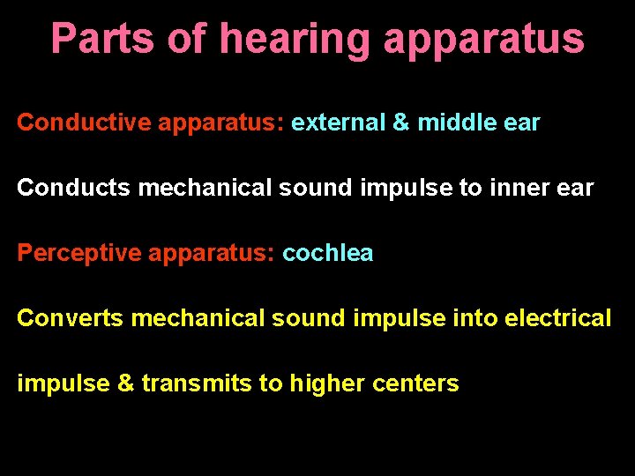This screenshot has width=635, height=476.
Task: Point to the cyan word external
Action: coord(338,123)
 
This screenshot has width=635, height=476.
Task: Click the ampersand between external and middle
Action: coord(401,123)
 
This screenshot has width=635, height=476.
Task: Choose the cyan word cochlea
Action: coord(328,254)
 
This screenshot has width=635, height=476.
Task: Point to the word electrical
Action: coord(557,318)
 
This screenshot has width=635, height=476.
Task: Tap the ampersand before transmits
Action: coord(126,383)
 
